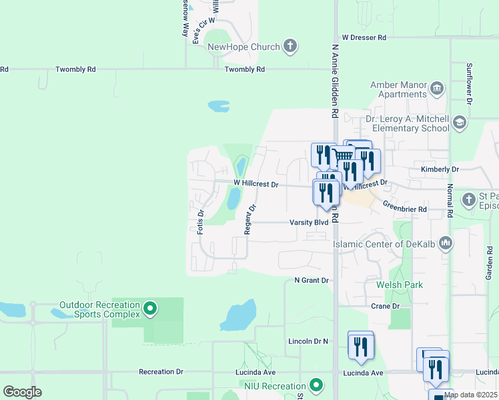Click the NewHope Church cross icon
(290, 47)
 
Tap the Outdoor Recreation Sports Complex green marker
(150, 309)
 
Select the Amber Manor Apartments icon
(437, 87)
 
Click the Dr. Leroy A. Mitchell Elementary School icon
(459, 122)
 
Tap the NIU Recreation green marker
(317, 385)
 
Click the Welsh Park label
(400, 285)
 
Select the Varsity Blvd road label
(309, 223)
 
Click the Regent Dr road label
(249, 219)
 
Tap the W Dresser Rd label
(364, 38)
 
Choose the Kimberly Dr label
(440, 170)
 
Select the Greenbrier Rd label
(405, 209)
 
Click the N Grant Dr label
(312, 281)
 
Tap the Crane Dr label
(385, 306)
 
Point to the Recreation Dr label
(161, 371)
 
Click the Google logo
(22, 392)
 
